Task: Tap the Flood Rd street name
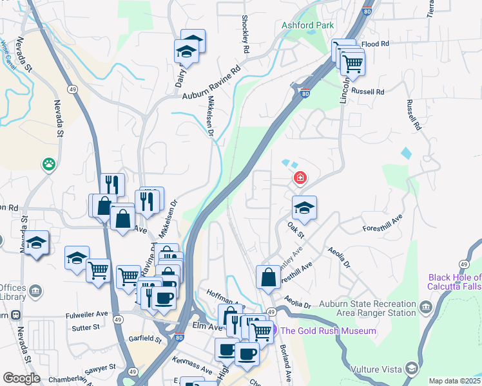(376, 44)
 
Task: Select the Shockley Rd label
(246, 34)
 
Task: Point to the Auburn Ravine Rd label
(211, 82)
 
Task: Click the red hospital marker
(299, 178)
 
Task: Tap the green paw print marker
(49, 164)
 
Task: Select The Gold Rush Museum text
(329, 331)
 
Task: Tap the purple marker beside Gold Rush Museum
(274, 331)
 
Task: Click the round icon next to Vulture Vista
(411, 369)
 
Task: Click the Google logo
(21, 378)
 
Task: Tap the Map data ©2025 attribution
(454, 381)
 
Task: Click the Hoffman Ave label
(226, 297)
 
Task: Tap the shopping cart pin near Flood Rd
(352, 63)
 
